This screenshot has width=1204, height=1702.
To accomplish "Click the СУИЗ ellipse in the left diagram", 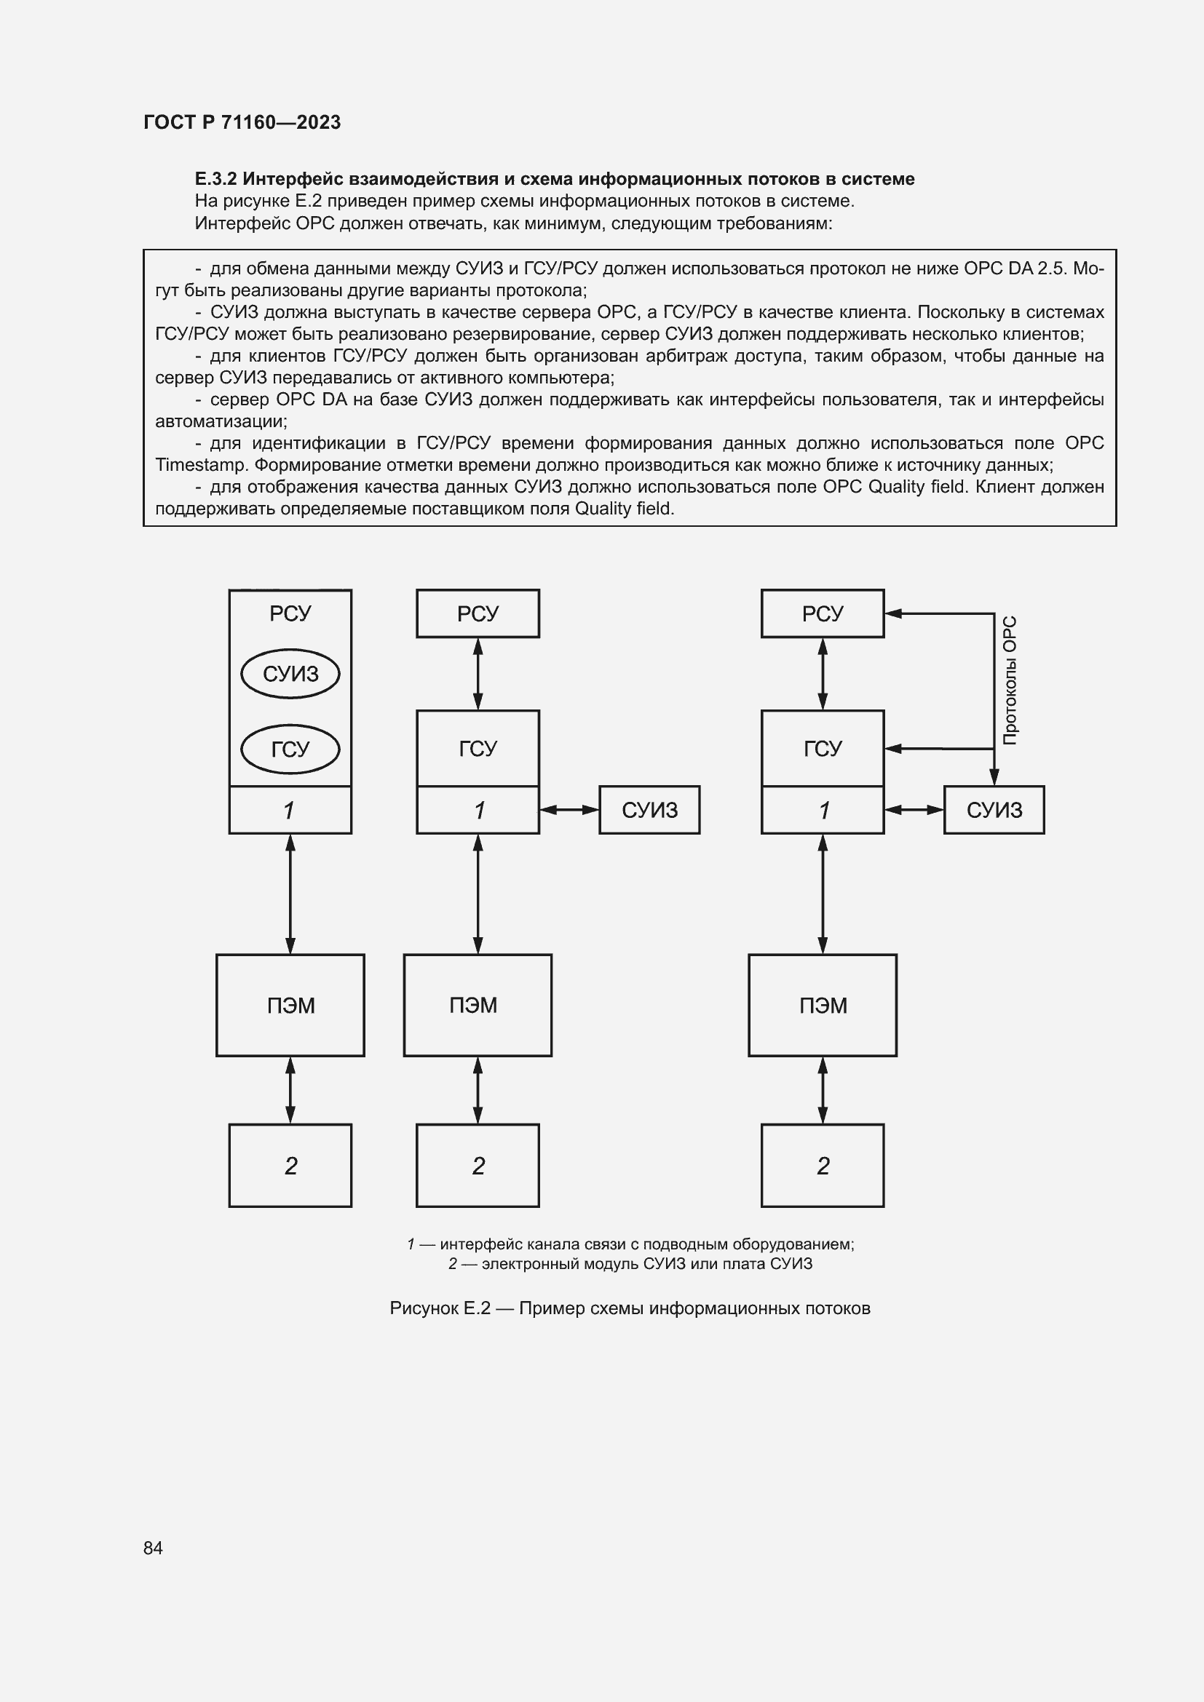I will coord(290,674).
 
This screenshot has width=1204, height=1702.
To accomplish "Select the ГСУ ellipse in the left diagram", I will coord(290,749).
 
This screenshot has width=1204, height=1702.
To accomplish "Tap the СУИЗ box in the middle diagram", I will coord(649,809).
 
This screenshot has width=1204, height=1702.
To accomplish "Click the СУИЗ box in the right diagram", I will coord(994,809).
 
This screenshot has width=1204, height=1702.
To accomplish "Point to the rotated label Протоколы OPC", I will coord(1010,680).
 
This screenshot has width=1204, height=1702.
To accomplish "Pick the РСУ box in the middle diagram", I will coord(478,613).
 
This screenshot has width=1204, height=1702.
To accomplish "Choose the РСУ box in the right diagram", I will coord(822,613).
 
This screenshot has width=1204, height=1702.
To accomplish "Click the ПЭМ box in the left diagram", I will coord(290,1004).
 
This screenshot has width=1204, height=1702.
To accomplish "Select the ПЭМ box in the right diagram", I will coord(822,1004).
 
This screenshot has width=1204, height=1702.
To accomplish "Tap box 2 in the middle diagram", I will coord(478,1165).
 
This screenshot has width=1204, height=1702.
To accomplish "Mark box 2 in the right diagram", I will coord(822,1165).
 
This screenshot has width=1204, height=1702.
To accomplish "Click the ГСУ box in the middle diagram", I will coord(478,748).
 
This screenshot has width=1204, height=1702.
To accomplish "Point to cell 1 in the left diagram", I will coord(290,809).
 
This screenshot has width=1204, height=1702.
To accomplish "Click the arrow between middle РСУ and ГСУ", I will coord(478,673).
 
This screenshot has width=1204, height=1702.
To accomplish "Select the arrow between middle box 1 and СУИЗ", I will coord(569,809).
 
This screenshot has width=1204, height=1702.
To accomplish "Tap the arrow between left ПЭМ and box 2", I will coord(290,1090).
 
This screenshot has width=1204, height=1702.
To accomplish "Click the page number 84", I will coord(153,1547).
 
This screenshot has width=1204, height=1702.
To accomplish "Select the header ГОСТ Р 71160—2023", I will coord(242,122).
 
